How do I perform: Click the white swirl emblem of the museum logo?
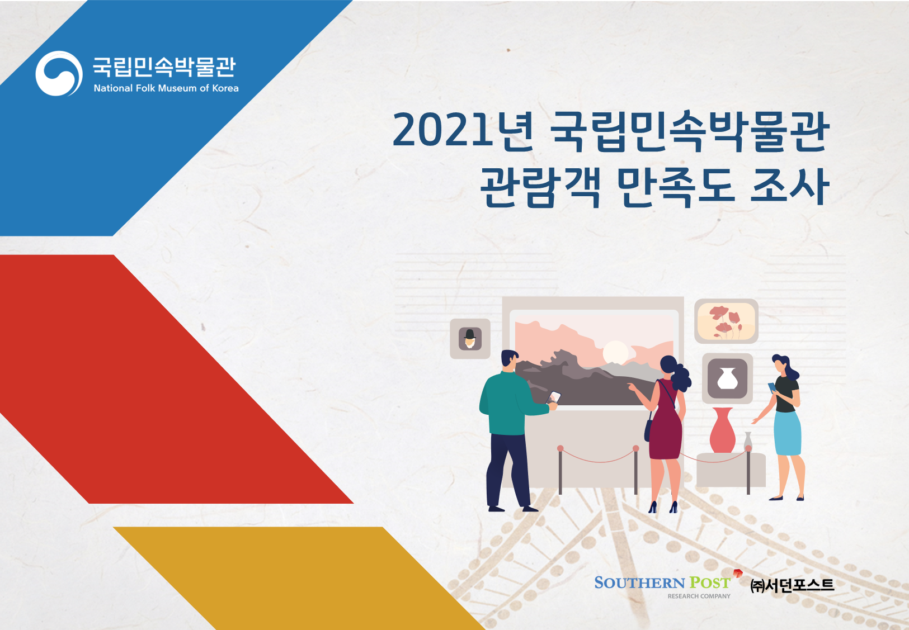click(x=59, y=74)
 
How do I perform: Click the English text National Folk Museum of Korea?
click(x=166, y=88)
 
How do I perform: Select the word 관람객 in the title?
click(x=540, y=187)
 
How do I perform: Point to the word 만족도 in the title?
click(x=676, y=187)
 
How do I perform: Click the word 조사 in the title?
click(x=789, y=187)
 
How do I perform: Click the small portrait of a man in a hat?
click(x=470, y=339)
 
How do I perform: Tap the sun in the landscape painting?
click(x=616, y=352)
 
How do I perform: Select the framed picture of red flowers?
click(x=727, y=321)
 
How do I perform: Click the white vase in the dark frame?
click(x=728, y=378)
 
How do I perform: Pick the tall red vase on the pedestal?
click(x=722, y=430)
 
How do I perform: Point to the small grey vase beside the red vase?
click(x=748, y=442)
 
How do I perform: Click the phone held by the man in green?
click(x=554, y=397)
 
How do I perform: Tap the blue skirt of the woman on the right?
click(x=788, y=433)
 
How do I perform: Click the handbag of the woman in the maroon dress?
click(x=648, y=430)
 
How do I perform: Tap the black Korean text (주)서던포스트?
click(x=792, y=585)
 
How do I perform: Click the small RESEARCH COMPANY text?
click(x=699, y=596)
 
